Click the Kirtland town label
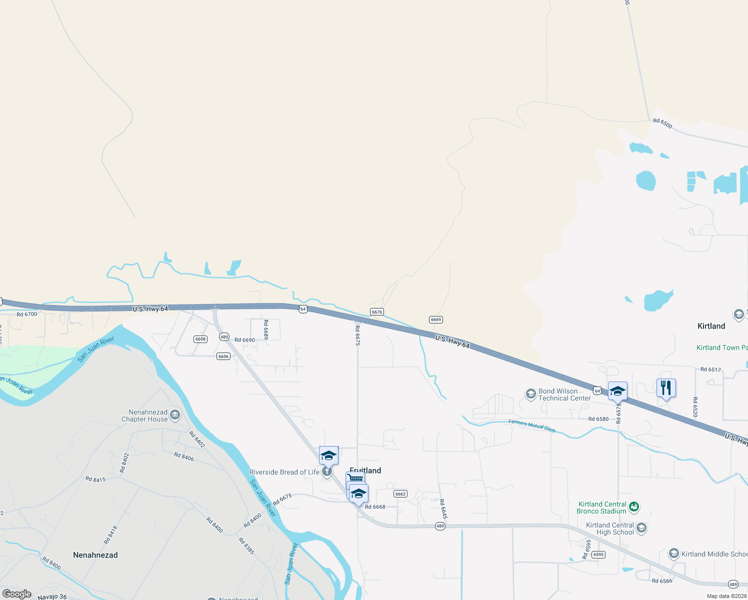point(711,326)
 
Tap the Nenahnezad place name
point(95,555)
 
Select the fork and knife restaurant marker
point(666,388)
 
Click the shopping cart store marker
point(355,479)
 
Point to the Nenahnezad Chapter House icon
point(175,414)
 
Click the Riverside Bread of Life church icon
point(327,472)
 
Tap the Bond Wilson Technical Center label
point(558,394)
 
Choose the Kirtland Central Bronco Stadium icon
point(634,507)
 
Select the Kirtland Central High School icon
point(641,528)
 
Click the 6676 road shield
point(377,312)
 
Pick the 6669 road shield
point(436,319)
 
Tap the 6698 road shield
point(200,339)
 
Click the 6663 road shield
point(400,494)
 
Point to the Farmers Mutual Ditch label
point(532,426)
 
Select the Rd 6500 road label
point(662,123)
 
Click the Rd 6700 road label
point(27,314)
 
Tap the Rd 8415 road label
point(95,479)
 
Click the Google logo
point(17,594)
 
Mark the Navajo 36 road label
point(52,596)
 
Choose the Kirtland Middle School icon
point(674,553)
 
